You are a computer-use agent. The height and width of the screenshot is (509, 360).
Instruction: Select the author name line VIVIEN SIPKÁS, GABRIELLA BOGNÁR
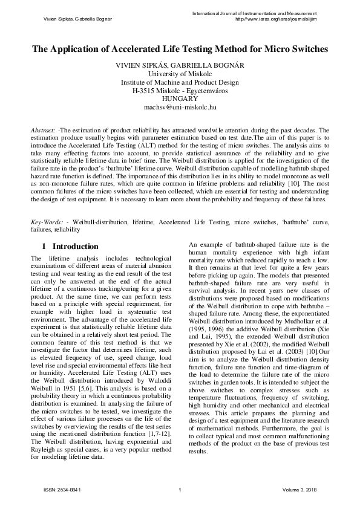(x=180, y=65)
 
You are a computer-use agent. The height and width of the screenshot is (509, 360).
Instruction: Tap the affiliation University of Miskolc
(x=180, y=74)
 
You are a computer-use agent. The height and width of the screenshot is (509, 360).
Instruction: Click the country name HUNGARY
(x=180, y=99)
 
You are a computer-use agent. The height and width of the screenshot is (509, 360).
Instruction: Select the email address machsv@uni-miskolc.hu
(x=180, y=108)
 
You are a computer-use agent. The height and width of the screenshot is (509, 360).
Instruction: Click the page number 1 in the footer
(x=180, y=489)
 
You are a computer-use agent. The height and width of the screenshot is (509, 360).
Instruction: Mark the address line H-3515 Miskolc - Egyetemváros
(x=180, y=91)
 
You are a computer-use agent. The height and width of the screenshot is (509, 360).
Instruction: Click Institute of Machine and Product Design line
(x=180, y=82)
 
